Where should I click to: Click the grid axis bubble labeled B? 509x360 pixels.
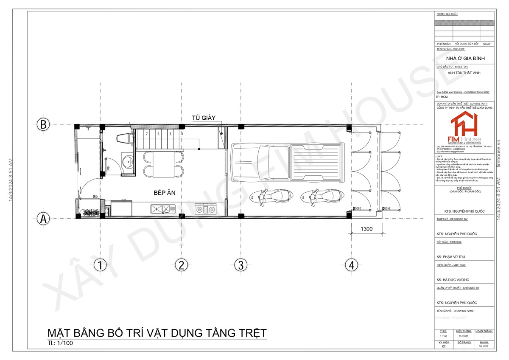point(42,125)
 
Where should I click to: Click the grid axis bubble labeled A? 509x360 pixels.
point(42,219)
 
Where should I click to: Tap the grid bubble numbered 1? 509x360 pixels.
point(100,266)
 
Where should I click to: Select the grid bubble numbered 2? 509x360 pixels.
point(181,266)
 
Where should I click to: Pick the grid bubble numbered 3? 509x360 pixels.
point(241,266)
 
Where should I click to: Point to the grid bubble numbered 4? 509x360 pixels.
point(350,266)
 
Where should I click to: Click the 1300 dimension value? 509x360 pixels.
point(366,229)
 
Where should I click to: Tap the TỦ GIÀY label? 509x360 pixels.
point(204,118)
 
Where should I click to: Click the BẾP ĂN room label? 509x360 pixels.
point(165,193)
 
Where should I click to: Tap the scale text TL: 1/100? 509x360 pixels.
point(60,343)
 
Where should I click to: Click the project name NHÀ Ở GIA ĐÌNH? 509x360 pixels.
point(465,58)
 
